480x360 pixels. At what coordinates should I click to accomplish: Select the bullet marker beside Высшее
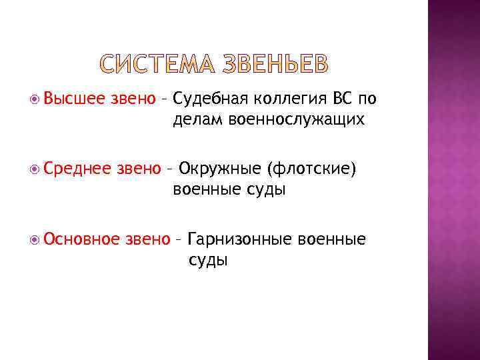(35, 99)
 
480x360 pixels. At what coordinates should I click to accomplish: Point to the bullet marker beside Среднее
(35, 169)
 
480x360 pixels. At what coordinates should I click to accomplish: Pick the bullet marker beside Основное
(35, 239)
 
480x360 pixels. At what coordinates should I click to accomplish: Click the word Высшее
(70, 99)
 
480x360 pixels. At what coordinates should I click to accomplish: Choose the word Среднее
(76, 169)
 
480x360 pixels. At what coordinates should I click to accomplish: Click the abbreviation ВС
(341, 99)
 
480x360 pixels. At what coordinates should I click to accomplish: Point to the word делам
(198, 120)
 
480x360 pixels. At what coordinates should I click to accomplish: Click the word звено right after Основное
(147, 239)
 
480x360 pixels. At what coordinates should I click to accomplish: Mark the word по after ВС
(367, 99)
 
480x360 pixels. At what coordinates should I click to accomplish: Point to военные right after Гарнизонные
(333, 239)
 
